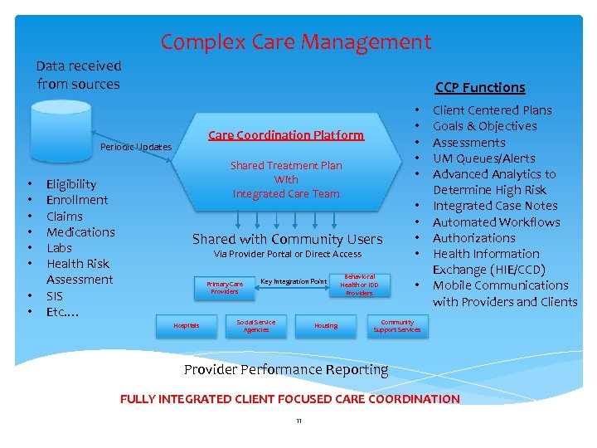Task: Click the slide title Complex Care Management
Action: (296, 41)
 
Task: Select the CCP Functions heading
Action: (480, 87)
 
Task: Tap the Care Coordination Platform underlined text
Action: (285, 134)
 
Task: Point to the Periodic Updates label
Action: (135, 147)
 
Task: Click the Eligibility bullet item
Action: (71, 184)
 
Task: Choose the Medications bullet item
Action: (80, 232)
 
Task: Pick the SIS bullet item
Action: (55, 296)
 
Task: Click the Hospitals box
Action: (186, 325)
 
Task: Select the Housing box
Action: (326, 325)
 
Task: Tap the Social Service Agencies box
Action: (256, 325)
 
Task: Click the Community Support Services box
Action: (396, 325)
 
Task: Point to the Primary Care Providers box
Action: (225, 287)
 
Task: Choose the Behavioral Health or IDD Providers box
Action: (359, 285)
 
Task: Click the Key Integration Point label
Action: (294, 282)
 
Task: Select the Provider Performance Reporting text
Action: (286, 369)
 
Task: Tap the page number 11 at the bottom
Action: (298, 422)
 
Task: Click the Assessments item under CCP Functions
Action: (468, 143)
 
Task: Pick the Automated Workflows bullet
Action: (496, 222)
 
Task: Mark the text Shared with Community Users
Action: (287, 239)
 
